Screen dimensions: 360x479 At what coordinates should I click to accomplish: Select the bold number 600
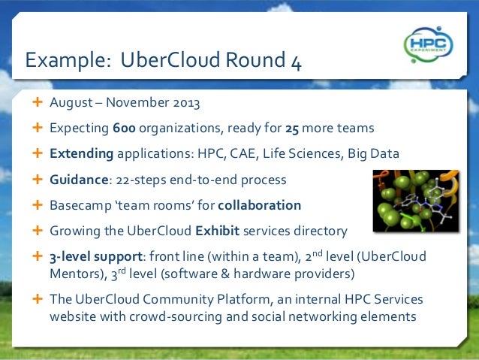coord(124,129)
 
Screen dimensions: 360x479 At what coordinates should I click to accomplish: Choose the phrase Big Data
coord(372,154)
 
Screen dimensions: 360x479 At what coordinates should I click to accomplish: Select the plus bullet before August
coord(37,102)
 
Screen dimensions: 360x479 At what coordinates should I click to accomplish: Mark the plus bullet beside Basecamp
coord(37,204)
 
